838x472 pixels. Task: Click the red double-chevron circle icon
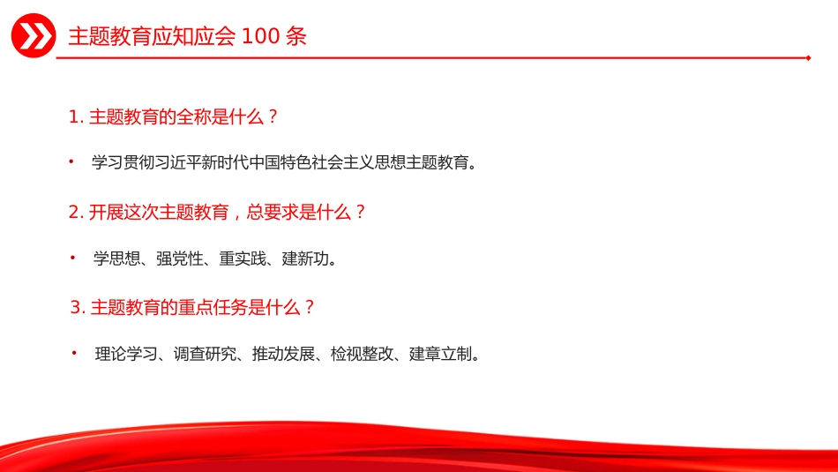(34, 36)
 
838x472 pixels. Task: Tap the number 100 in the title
(261, 36)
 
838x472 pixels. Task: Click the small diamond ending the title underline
(809, 57)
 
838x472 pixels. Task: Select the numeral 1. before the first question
(77, 116)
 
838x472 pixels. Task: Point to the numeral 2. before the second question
(77, 213)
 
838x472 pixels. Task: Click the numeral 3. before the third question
(78, 307)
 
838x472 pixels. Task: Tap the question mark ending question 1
(273, 116)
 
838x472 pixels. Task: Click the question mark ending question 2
(360, 213)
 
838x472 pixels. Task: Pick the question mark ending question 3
(309, 307)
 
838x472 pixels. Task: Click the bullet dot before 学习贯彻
(71, 161)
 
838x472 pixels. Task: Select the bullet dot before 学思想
(72, 258)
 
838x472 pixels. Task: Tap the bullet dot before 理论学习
(74, 353)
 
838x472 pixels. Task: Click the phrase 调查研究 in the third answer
(206, 354)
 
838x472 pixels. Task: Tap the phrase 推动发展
(284, 354)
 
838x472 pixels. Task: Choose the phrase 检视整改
(363, 354)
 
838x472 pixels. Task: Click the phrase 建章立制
(441, 354)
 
